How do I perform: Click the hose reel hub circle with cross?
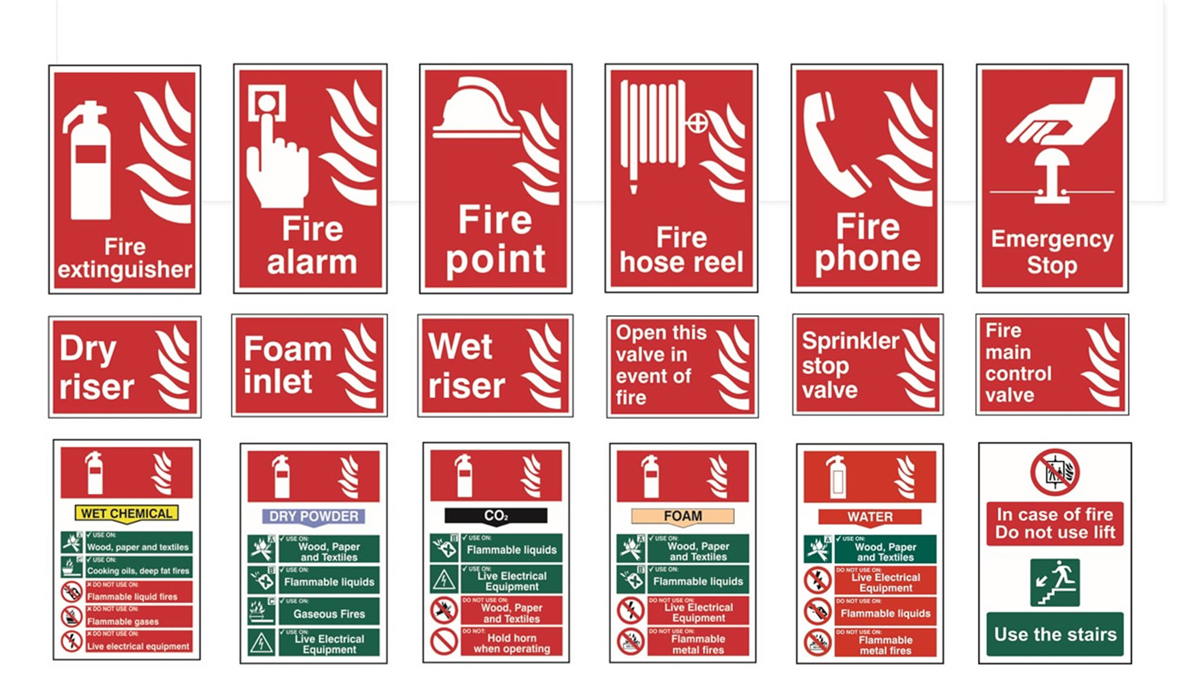696,123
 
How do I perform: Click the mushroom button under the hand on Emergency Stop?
1051,175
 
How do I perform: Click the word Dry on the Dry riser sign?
88,349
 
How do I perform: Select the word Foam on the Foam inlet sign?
288,349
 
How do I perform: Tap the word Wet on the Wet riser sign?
461,347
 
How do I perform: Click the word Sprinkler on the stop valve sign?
850,341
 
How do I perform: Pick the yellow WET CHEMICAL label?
126,513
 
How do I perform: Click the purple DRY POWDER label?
313,516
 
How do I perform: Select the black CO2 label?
496,516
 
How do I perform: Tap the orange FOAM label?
682,516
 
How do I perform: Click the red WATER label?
869,517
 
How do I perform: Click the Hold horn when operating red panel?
511,642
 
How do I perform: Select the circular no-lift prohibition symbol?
1055,472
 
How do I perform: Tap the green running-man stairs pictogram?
1055,582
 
